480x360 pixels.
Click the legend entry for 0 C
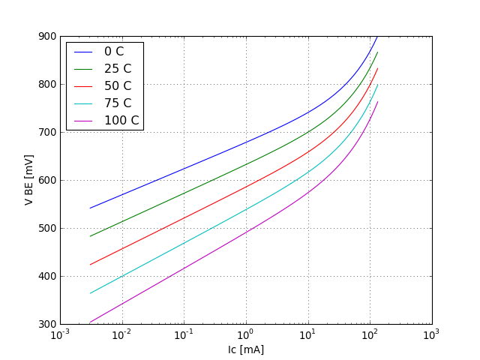coord(114,52)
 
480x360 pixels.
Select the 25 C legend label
coord(117,68)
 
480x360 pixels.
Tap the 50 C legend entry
coord(117,85)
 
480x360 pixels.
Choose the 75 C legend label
coord(117,103)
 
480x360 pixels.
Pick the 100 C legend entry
coord(121,120)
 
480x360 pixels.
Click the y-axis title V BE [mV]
coord(28,180)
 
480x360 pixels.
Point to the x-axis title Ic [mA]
coord(246,349)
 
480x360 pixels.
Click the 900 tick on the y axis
coord(46,36)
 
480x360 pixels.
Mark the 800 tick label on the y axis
coord(46,84)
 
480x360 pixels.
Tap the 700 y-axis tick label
coord(46,132)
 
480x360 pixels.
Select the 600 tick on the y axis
coord(46,180)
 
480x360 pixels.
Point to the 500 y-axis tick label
coord(46,228)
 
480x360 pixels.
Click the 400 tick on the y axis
coord(46,276)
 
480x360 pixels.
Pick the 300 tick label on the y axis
coord(46,324)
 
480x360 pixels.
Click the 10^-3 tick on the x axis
coord(60,335)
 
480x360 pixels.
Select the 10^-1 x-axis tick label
coord(184,335)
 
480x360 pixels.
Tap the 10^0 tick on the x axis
coord(246,335)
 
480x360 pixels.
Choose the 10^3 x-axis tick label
coord(432,335)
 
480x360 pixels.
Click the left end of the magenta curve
coord(90,322)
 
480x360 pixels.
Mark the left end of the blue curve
coord(90,208)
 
